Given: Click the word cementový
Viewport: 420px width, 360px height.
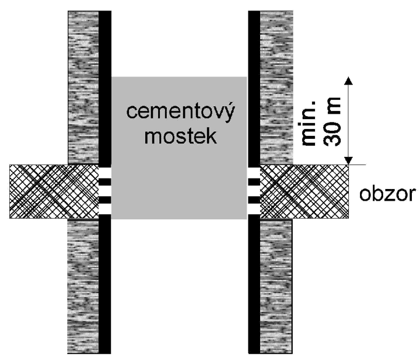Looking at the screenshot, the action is (180, 112).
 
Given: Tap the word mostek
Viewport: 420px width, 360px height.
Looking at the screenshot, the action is (180, 136).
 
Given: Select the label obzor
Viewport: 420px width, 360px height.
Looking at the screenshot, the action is (387, 194).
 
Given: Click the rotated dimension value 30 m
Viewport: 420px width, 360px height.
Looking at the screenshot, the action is (332, 122).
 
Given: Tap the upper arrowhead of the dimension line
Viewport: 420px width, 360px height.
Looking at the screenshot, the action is (348, 81).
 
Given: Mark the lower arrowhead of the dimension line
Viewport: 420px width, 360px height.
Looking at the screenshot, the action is (348, 160).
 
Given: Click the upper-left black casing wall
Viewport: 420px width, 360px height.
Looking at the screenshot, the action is (105, 88).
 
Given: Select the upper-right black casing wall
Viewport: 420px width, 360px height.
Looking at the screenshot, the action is (254, 88).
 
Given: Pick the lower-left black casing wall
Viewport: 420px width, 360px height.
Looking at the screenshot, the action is (105, 286).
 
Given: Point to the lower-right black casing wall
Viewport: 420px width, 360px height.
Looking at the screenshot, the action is (254, 286).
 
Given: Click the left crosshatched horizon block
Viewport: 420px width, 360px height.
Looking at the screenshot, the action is (54, 191).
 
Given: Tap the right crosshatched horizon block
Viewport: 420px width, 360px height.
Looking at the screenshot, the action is (304, 191).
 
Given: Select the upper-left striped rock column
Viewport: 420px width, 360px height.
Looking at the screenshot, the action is (83, 88).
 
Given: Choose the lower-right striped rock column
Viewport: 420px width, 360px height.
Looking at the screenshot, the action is (276, 286).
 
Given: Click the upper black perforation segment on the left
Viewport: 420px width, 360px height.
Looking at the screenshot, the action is (105, 182).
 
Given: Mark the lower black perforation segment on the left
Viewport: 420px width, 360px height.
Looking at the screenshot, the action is (105, 200).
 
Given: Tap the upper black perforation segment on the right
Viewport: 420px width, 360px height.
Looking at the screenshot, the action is (254, 182).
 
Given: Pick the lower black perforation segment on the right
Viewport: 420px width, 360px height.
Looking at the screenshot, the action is (254, 200).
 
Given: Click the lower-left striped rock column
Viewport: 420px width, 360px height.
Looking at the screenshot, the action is (83, 286).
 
